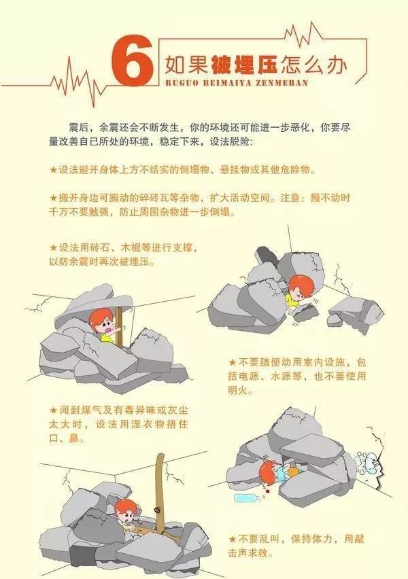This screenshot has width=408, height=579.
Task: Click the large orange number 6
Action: pos(133,63)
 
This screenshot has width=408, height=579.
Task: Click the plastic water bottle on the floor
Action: pos(248,498)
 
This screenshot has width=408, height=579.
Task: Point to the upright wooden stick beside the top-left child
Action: pos(120,328)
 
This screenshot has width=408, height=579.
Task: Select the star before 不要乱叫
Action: pos(232,540)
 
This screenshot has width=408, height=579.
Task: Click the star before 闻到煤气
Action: pos(53,410)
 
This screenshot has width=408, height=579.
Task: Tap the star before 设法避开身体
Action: pos(53,170)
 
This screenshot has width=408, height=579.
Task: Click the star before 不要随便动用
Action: pos(232,362)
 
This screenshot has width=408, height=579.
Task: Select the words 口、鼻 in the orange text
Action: pos(63,439)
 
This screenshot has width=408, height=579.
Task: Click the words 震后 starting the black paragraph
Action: pos(78,128)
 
